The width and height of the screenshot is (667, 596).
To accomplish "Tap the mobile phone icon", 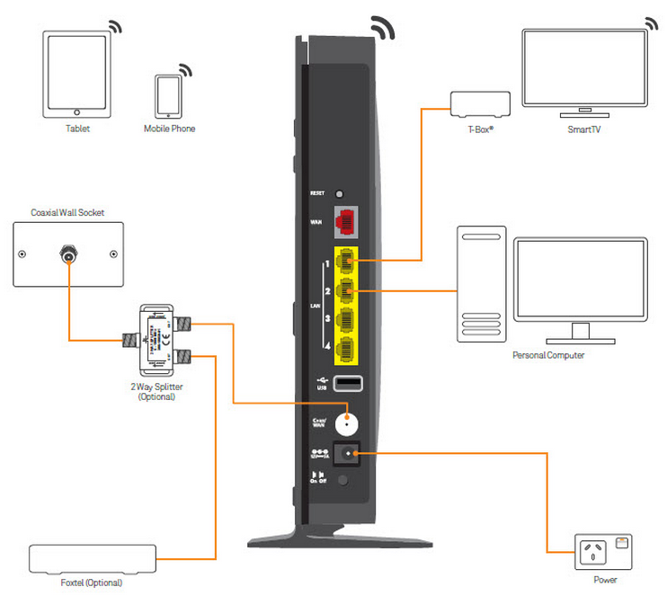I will (x=168, y=95).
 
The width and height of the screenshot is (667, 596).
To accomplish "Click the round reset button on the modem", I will (x=340, y=193).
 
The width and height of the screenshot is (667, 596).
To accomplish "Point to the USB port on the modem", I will (x=348, y=384).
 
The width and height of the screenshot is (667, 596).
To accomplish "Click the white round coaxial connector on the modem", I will (x=347, y=421).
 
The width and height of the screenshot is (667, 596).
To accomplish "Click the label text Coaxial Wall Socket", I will (x=67, y=212).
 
